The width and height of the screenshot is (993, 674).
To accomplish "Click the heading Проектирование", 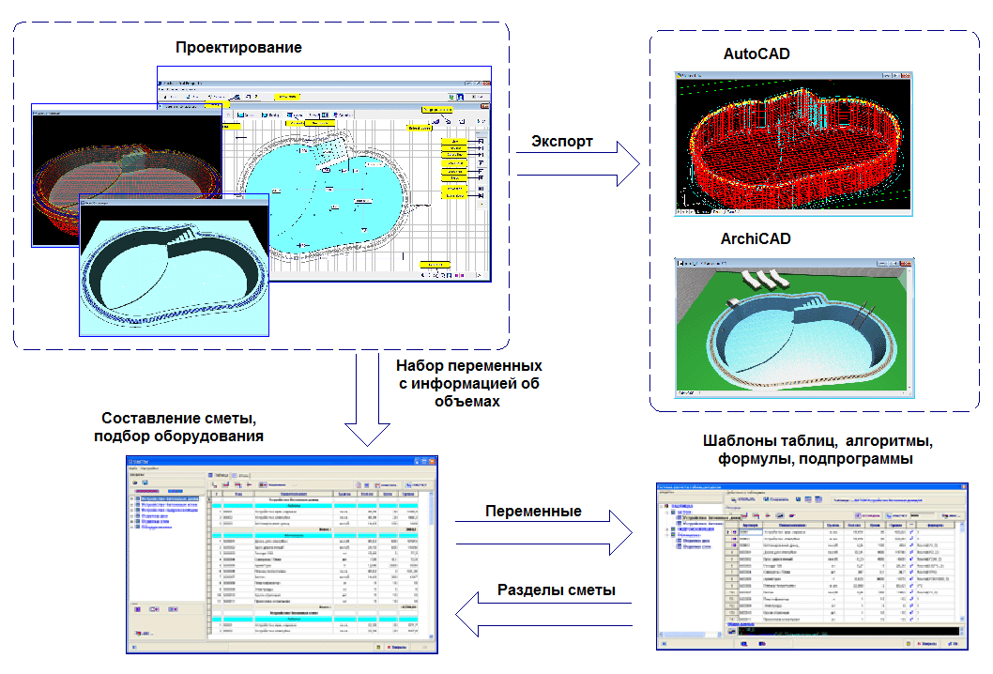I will click(238, 47).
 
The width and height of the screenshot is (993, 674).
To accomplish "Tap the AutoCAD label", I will click(756, 54).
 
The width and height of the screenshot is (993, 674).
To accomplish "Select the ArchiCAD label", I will click(756, 239).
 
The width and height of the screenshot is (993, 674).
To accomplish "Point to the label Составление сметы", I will click(178, 418).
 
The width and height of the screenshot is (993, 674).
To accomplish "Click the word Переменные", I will click(533, 512).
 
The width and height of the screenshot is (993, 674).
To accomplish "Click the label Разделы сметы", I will click(556, 590).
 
